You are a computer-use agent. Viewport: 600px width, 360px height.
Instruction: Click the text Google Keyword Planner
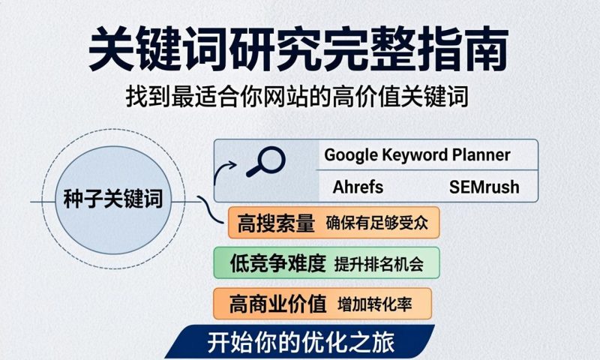click(x=417, y=155)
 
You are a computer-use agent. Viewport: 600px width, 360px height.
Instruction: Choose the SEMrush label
click(x=484, y=186)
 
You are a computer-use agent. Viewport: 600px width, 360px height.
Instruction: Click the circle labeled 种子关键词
click(x=113, y=200)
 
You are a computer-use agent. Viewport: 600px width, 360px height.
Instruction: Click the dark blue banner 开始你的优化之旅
click(x=300, y=343)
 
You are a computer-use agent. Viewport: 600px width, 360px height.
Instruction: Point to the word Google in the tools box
click(x=352, y=155)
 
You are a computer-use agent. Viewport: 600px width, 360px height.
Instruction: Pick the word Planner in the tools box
click(x=481, y=155)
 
